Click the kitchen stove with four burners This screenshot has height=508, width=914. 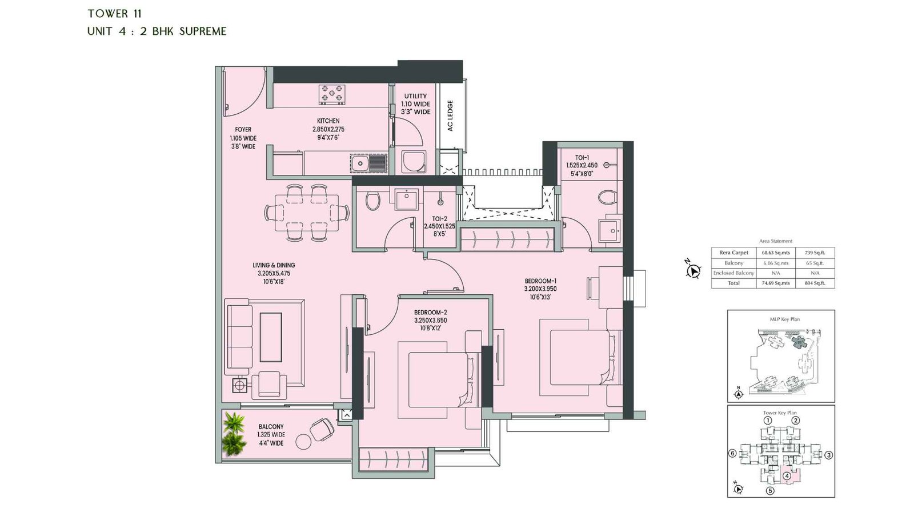pyautogui.click(x=332, y=94)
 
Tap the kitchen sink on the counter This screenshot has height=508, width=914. pyautogui.click(x=359, y=164)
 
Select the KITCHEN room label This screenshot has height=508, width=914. pyautogui.click(x=328, y=121)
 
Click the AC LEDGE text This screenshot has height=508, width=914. pyautogui.click(x=450, y=116)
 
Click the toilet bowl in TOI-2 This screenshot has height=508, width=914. pyautogui.click(x=372, y=201)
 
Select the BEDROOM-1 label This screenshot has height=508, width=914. pyautogui.click(x=540, y=281)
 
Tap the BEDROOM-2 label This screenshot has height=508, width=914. pyautogui.click(x=430, y=313)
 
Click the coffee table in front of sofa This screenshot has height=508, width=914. pyautogui.click(x=271, y=337)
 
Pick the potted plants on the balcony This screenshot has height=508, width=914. pyautogui.click(x=234, y=434)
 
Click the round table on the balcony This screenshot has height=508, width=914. pyautogui.click(x=303, y=442)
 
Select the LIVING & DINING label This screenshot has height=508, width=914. pyautogui.click(x=274, y=265)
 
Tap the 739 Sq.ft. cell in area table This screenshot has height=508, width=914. pyautogui.click(x=815, y=253)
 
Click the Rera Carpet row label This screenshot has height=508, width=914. pyautogui.click(x=733, y=253)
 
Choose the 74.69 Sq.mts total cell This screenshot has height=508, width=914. pyautogui.click(x=775, y=283)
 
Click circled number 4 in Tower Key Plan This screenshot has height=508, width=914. pyautogui.click(x=787, y=476)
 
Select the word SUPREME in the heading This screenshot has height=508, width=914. pyautogui.click(x=203, y=31)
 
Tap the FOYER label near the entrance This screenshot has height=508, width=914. pyautogui.click(x=243, y=130)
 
